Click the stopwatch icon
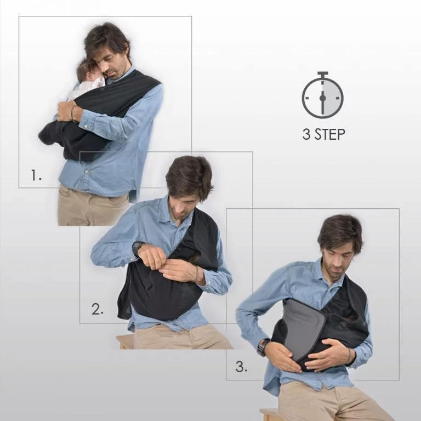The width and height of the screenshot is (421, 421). (x=323, y=95)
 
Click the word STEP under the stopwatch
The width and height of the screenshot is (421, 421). (x=330, y=134)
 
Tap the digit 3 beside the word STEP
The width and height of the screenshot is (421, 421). (x=306, y=134)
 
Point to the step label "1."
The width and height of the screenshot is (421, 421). (x=36, y=175)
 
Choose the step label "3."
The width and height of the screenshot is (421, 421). (x=241, y=366)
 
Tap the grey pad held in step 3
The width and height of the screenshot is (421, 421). (x=303, y=328)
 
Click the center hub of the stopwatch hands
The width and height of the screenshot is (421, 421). (x=323, y=98)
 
